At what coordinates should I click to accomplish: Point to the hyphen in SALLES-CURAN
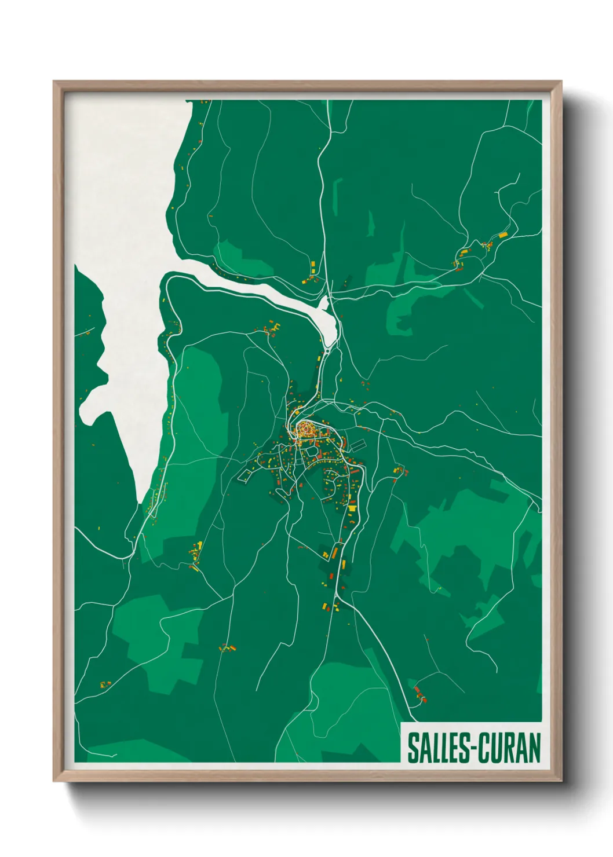[475, 749]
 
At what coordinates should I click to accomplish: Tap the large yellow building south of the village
[352, 508]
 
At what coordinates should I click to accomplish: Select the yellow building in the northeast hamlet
[502, 235]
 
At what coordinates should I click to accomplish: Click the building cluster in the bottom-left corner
[105, 684]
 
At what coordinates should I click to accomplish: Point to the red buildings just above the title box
[419, 693]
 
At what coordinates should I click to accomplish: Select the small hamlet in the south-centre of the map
[227, 647]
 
